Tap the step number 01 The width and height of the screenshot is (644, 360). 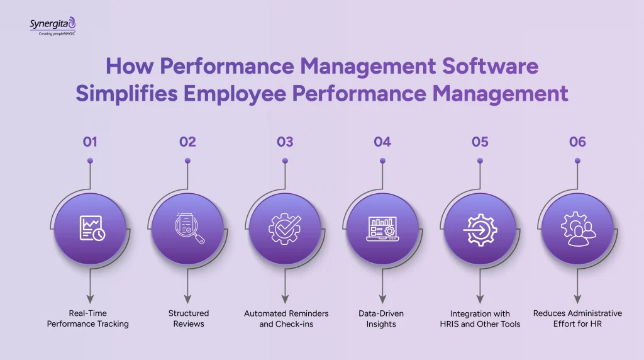pyautogui.click(x=90, y=142)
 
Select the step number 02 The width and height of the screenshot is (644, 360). pyautogui.click(x=187, y=142)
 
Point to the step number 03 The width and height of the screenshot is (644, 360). pyautogui.click(x=285, y=142)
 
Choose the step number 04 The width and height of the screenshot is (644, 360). pyautogui.click(x=382, y=142)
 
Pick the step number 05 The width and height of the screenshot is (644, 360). pyautogui.click(x=480, y=142)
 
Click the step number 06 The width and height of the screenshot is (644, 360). pyautogui.click(x=577, y=142)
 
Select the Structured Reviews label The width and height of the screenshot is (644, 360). pyautogui.click(x=188, y=318)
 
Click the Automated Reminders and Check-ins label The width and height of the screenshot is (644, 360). pyautogui.click(x=286, y=318)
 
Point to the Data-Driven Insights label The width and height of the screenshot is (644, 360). pyautogui.click(x=382, y=318)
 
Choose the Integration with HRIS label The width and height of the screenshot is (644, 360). pyautogui.click(x=480, y=318)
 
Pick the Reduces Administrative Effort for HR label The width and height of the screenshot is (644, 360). pyautogui.click(x=577, y=318)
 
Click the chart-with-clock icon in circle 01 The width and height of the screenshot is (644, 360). pyautogui.click(x=91, y=228)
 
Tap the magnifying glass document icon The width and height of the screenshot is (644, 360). pyautogui.click(x=188, y=228)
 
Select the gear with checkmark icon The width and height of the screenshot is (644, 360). pyautogui.click(x=286, y=228)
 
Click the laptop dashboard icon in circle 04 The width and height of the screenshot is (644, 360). pyautogui.click(x=382, y=228)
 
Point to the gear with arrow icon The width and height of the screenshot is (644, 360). pyautogui.click(x=480, y=228)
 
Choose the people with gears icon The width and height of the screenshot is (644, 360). pyautogui.click(x=577, y=228)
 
